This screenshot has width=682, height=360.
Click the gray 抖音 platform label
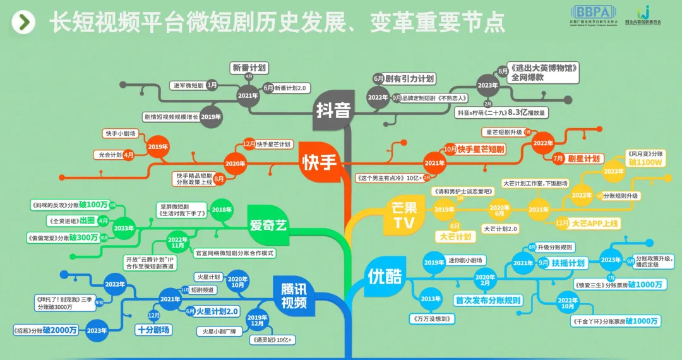click(333, 111)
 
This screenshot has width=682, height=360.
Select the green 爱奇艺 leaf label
click(268, 225)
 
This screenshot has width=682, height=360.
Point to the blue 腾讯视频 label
click(294, 296)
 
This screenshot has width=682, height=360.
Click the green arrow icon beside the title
click(23, 23)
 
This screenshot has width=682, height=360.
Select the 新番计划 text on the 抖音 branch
click(249, 68)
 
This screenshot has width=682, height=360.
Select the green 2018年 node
click(222, 210)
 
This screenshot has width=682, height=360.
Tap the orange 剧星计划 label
click(584, 158)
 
